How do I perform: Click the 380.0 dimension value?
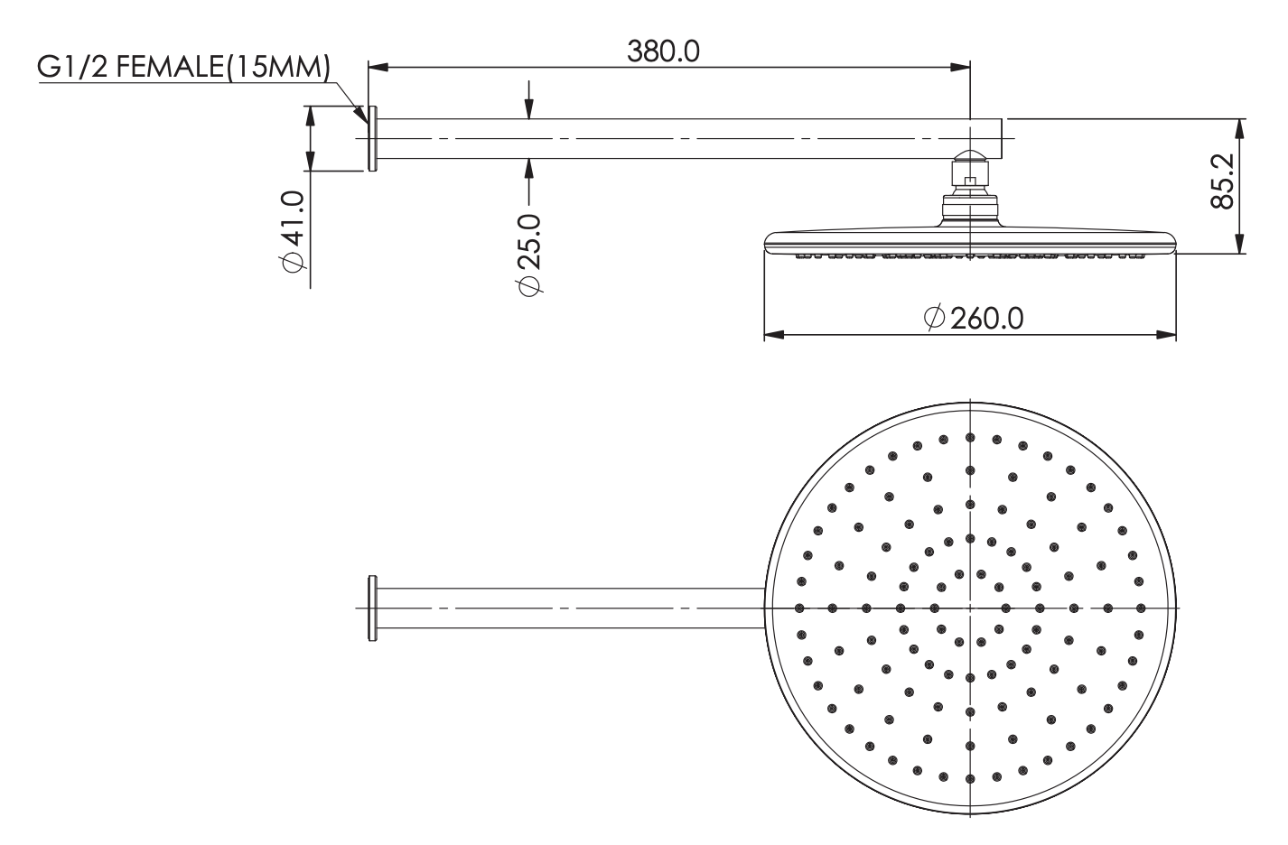point(663,51)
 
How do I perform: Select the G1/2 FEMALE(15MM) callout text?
point(184,68)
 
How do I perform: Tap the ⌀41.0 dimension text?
point(294,232)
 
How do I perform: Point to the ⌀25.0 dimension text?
point(530,254)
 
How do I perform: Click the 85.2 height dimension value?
point(1222,181)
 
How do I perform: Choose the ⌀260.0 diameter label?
point(974,319)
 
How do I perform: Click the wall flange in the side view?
point(372,138)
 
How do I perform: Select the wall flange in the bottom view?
point(372,608)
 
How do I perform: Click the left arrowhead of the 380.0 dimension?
point(378,67)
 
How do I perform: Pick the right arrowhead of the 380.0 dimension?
point(959,67)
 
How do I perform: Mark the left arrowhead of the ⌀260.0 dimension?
point(775,335)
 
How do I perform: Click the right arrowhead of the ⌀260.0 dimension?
point(1165,335)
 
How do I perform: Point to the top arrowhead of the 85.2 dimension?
point(1240,129)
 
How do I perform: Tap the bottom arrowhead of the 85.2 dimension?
point(1240,243)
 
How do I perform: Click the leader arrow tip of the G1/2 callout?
point(367,123)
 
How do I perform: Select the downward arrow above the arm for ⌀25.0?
point(529,100)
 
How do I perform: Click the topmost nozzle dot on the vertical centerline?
point(971,438)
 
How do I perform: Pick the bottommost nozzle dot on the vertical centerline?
point(971,779)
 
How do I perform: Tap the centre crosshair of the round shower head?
point(971,608)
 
